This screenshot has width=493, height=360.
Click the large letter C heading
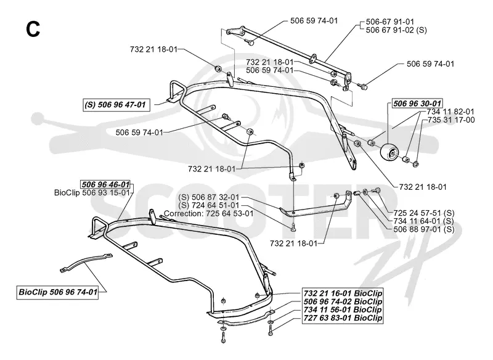pyautogui.click(x=33, y=30)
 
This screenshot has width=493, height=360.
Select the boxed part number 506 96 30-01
pyautogui.click(x=417, y=103)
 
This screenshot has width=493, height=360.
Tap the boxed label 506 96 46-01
pyautogui.click(x=105, y=184)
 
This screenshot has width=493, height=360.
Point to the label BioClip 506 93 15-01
pyautogui.click(x=92, y=192)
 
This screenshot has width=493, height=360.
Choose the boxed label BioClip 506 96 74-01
pyautogui.click(x=58, y=292)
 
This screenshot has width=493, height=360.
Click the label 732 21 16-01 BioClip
pyautogui.click(x=343, y=293)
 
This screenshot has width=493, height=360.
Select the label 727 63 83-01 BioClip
pyautogui.click(x=343, y=318)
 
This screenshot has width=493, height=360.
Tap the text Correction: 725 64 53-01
pyautogui.click(x=208, y=213)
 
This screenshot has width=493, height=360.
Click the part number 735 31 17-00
pyautogui.click(x=451, y=120)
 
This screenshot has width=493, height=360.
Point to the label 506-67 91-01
pyautogui.click(x=390, y=22)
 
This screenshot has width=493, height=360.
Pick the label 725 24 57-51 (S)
pyautogui.click(x=424, y=213)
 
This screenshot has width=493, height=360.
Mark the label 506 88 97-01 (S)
pyautogui.click(x=424, y=229)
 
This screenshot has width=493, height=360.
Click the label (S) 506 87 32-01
pyautogui.click(x=209, y=197)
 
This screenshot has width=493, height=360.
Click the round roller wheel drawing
pyautogui.click(x=389, y=153)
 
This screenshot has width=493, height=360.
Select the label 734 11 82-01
pyautogui.click(x=450, y=112)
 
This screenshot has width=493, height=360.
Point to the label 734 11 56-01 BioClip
pyautogui.click(x=343, y=309)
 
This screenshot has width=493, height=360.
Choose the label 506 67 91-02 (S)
pyautogui.click(x=396, y=30)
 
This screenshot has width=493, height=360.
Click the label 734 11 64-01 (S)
pyautogui.click(x=424, y=221)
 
